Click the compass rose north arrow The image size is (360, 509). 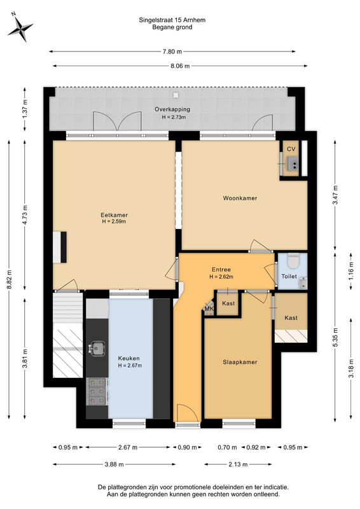click(20, 28)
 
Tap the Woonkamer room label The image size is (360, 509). click(240, 198)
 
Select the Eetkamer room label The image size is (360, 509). click(114, 215)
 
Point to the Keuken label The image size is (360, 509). click(128, 358)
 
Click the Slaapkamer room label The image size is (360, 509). click(240, 362)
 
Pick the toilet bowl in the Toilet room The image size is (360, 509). click(293, 261)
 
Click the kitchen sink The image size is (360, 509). click(97, 348)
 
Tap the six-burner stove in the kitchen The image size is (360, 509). click(97, 391)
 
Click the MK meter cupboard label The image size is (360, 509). click(209, 309)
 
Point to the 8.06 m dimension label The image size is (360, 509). click(180, 66)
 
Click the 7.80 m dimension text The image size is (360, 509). click(172, 52)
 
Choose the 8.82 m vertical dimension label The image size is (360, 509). click(9, 279)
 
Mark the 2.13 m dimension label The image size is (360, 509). click(238, 464)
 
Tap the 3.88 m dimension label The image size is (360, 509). click(114, 464)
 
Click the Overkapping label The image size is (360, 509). click(172, 109)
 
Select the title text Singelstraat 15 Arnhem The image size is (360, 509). click(172, 20)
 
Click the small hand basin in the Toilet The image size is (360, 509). click(303, 283)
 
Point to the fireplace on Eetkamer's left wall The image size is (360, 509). click(60, 247)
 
